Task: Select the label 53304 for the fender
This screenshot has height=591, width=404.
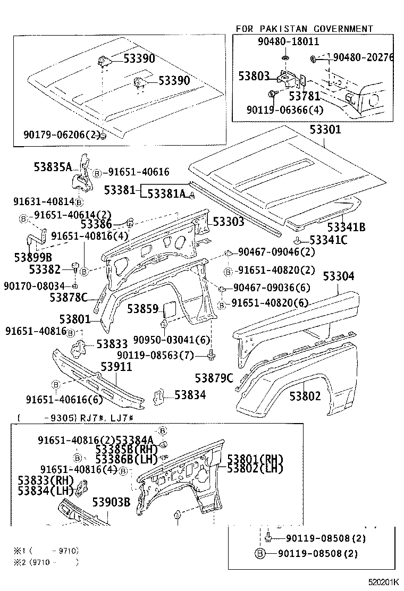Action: coord(346,276)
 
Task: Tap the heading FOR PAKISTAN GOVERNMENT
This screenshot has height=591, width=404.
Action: coord(305,29)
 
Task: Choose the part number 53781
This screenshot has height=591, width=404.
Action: coord(305,97)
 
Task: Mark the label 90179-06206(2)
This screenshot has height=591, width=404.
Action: coord(61,135)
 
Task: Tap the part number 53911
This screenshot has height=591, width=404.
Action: coord(116,367)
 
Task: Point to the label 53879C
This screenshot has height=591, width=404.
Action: coord(214,378)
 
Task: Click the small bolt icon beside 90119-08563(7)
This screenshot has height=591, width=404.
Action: coord(212,354)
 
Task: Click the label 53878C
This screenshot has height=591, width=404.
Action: coord(68,298)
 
